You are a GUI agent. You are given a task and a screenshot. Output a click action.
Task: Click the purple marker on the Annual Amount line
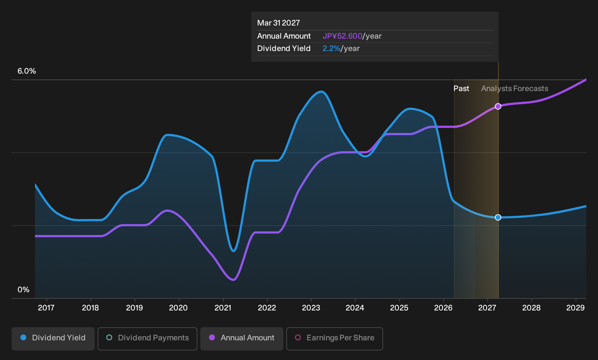pyautogui.click(x=498, y=106)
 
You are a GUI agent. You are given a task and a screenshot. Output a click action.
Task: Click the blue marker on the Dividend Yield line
pyautogui.click(x=498, y=218)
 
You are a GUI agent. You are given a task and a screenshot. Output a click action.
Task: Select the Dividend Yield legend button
pyautogui.click(x=53, y=339)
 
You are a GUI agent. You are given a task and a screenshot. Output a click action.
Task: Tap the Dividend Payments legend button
pyautogui.click(x=147, y=339)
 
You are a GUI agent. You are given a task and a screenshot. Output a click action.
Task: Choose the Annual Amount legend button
pyautogui.click(x=241, y=339)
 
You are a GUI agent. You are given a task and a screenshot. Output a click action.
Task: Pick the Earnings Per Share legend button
pyautogui.click(x=334, y=339)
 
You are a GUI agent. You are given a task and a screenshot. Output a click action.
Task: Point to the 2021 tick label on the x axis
pyautogui.click(x=223, y=308)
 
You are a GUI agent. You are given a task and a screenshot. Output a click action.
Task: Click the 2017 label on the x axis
pyautogui.click(x=46, y=308)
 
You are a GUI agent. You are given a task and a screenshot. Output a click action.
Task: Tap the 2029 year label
pyautogui.click(x=575, y=308)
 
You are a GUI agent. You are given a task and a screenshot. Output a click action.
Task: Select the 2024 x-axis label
pyautogui.click(x=355, y=308)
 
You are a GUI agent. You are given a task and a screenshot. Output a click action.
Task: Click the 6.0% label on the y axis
pyautogui.click(x=27, y=71)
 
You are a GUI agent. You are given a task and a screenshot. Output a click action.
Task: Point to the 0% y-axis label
pyautogui.click(x=24, y=290)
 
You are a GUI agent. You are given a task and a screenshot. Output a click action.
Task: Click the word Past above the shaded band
pyautogui.click(x=461, y=89)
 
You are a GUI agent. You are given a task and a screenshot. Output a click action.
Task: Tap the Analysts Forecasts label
pyautogui.click(x=515, y=89)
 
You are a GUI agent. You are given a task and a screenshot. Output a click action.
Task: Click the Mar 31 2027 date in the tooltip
pyautogui.click(x=279, y=23)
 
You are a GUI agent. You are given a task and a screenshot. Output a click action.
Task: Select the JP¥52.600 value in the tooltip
pyautogui.click(x=342, y=36)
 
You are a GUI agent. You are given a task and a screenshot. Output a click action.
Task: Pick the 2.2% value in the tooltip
pyautogui.click(x=331, y=48)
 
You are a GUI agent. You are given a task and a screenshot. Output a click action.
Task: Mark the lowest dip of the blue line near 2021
pyautogui.click(x=233, y=251)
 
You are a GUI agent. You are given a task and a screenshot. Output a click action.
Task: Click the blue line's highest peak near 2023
pyautogui.click(x=322, y=92)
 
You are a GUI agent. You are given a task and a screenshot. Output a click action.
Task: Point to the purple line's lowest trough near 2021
pyautogui.click(x=233, y=280)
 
